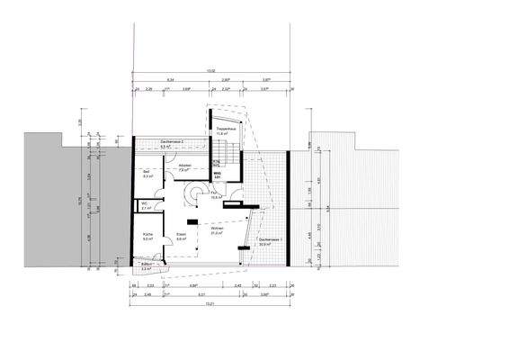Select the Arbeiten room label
(185, 166)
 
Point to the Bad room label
(147, 174)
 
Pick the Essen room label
(181, 237)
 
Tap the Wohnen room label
(217, 231)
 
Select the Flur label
(216, 194)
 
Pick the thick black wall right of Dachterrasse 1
(287, 211)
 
